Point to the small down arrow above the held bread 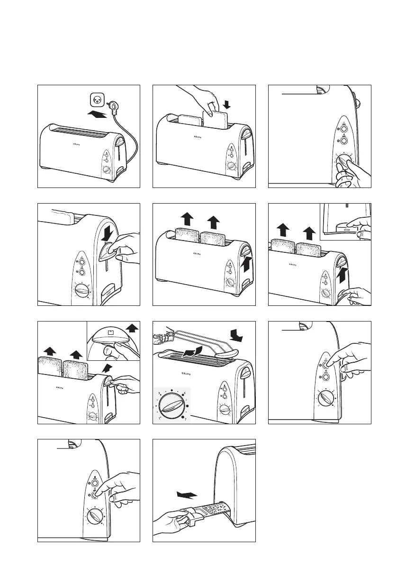point(226,103)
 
